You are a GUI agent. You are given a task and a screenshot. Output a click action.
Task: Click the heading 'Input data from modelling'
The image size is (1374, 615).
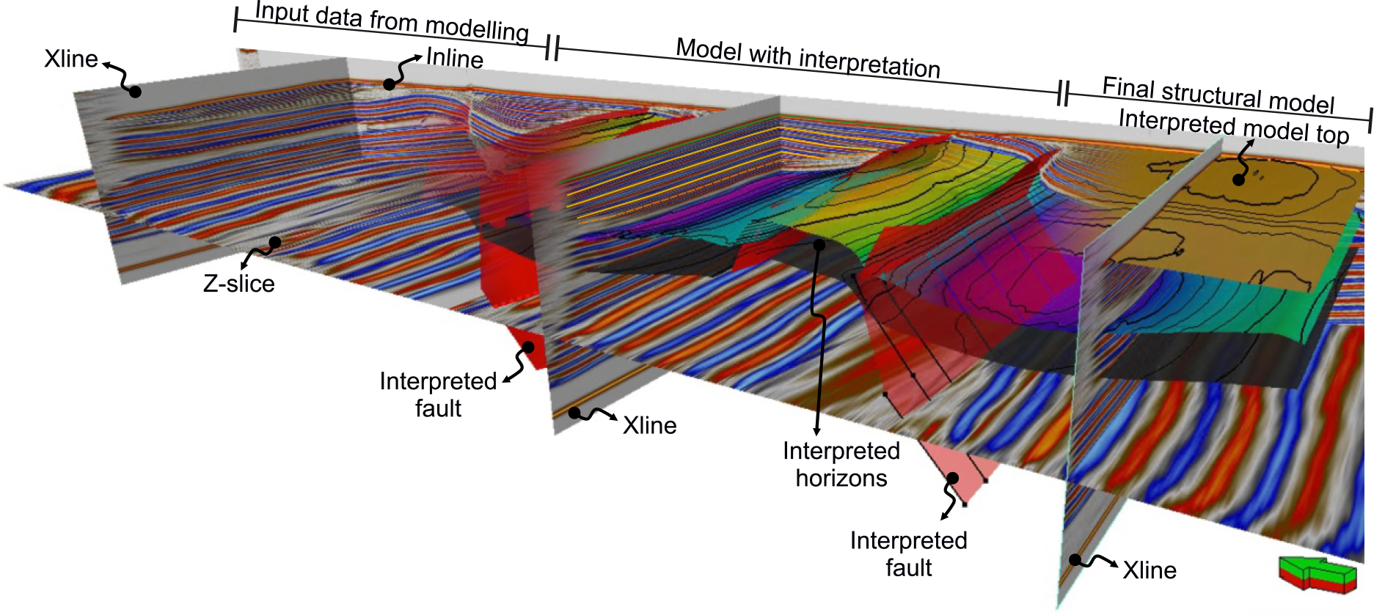pyautogui.click(x=391, y=22)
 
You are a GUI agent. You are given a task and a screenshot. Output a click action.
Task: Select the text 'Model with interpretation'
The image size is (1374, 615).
pyautogui.click(x=808, y=58)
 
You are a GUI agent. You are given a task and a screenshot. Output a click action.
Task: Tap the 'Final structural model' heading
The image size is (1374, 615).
pyautogui.click(x=1218, y=95)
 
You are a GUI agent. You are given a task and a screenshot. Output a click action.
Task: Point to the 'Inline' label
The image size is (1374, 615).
pyautogui.click(x=454, y=59)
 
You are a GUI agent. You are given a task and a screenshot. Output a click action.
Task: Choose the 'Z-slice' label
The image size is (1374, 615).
pyautogui.click(x=238, y=284)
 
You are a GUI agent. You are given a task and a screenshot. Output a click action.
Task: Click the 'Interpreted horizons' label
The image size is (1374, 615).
pyautogui.click(x=841, y=464)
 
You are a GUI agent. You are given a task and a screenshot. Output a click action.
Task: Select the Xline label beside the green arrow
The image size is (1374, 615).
pyautogui.click(x=1149, y=570)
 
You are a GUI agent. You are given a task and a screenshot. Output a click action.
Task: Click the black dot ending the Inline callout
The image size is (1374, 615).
pyautogui.click(x=390, y=84)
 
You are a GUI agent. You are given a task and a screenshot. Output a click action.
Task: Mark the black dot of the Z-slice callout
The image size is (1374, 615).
pyautogui.click(x=275, y=242)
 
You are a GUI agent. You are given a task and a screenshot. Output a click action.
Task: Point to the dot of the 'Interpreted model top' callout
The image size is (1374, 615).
pyautogui.click(x=1239, y=179)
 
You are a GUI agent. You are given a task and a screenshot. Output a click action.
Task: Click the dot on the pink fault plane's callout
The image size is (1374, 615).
pyautogui.click(x=952, y=479)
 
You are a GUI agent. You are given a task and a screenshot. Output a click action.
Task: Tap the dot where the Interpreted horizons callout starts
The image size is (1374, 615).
pyautogui.click(x=819, y=244)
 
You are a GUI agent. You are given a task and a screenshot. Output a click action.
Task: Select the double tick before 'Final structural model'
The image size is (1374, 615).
pyautogui.click(x=1063, y=93)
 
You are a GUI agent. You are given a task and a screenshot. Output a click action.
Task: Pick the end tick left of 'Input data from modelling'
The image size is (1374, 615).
pyautogui.click(x=235, y=20)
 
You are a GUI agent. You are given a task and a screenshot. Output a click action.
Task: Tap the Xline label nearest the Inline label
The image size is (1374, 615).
pyautogui.click(x=70, y=59)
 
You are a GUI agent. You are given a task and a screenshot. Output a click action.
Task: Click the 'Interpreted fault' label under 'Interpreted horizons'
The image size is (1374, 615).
pyautogui.click(x=908, y=553)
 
